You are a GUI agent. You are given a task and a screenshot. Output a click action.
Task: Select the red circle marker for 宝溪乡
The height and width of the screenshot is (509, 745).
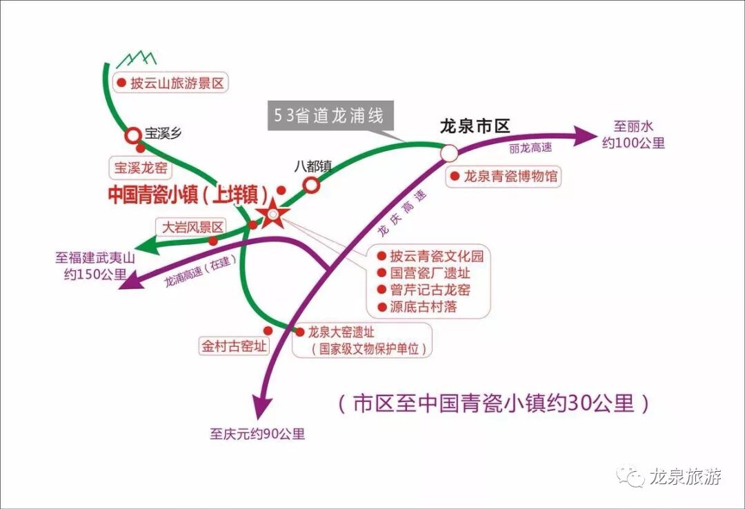tap(132, 135)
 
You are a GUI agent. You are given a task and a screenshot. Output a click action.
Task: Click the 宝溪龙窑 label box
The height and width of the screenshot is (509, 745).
tap(140, 168)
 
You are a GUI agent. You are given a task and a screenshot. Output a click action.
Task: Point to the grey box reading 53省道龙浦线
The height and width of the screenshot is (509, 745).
tap(330, 115)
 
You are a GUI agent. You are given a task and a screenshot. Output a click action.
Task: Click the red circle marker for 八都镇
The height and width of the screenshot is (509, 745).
tap(311, 184)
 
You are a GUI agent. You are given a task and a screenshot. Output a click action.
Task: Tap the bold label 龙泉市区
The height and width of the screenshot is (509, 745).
tap(475, 126)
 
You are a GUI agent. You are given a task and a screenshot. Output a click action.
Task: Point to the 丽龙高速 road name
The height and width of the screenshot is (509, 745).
tap(530, 148)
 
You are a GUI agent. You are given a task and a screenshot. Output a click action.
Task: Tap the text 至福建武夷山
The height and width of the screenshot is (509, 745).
tap(95, 259)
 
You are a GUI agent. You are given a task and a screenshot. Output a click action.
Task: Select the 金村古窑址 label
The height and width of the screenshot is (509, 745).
tap(233, 346)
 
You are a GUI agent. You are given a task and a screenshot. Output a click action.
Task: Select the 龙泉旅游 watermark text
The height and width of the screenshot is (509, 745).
tap(685, 477)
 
